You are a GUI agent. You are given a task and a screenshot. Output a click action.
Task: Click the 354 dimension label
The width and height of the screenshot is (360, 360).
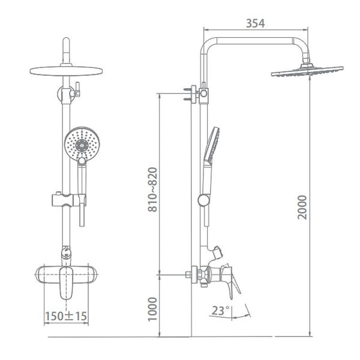(256, 23)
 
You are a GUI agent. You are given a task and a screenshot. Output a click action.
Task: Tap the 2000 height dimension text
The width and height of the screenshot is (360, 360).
(302, 208)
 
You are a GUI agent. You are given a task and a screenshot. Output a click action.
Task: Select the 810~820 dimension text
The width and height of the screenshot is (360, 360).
(152, 190)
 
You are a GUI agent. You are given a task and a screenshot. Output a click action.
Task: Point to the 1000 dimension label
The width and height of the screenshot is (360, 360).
(152, 309)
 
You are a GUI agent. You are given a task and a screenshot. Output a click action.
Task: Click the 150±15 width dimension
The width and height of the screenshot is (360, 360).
(66, 316)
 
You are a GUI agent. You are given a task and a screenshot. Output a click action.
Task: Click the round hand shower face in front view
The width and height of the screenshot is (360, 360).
(82, 142)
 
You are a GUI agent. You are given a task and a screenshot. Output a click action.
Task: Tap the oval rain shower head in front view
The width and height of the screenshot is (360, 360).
(66, 71)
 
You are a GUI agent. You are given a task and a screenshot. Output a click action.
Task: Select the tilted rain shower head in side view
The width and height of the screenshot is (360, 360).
(307, 71)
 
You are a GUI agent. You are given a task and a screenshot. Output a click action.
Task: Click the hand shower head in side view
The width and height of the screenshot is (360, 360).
(212, 146)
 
